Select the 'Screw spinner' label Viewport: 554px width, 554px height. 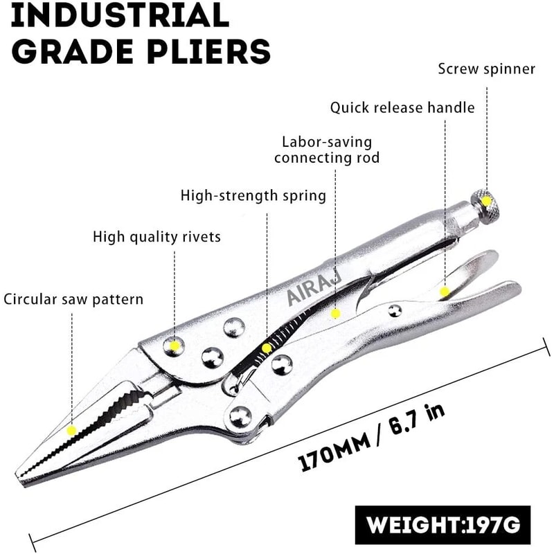pos(487,69)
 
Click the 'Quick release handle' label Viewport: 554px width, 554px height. pos(402,108)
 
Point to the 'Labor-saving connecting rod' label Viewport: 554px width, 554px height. pos(327,150)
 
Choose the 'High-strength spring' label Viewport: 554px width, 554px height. pos(253,195)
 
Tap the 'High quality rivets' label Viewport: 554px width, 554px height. pos(157,237)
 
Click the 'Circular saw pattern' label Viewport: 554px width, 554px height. pos(73,299)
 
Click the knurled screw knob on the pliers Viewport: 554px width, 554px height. pos(488,202)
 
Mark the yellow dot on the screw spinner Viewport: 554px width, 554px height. pos(487,202)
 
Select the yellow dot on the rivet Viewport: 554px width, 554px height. pos(175,344)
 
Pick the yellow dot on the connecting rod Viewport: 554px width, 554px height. pos(335,314)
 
